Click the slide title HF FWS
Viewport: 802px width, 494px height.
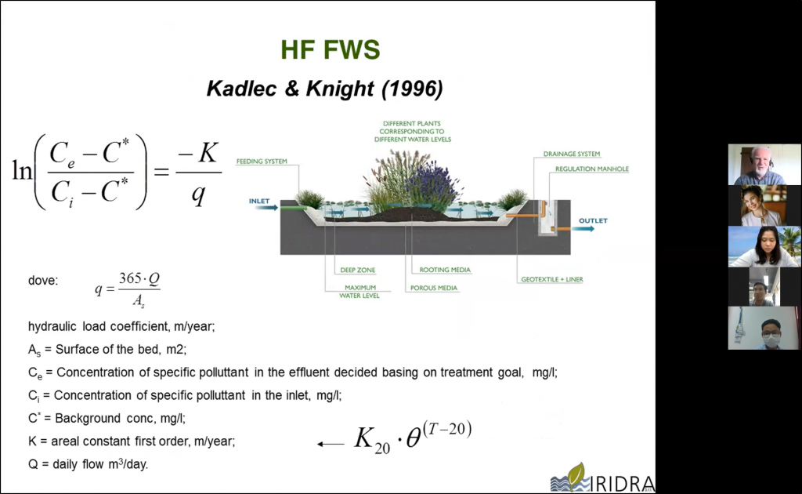(x=331, y=49)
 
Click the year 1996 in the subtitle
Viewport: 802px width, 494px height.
(x=412, y=89)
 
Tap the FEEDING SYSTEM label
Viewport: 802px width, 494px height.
(x=262, y=162)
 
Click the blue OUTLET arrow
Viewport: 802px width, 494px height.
(x=583, y=228)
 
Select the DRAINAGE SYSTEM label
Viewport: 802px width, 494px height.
(x=571, y=154)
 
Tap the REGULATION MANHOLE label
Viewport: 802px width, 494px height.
(x=592, y=169)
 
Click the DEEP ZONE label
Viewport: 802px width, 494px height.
(x=357, y=270)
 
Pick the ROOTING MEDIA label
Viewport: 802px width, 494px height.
(x=445, y=270)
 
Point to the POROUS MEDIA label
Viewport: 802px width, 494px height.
(x=434, y=288)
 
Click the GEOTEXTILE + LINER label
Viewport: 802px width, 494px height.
(x=552, y=279)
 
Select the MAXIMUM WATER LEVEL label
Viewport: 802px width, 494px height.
(x=359, y=291)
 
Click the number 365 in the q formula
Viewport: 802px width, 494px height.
(x=130, y=278)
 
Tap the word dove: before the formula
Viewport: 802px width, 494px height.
(x=43, y=281)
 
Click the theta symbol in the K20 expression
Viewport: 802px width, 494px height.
(x=414, y=438)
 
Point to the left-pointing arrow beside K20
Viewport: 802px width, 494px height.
(x=331, y=444)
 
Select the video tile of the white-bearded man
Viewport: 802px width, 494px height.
(x=764, y=165)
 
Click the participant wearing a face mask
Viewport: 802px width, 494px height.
(x=764, y=328)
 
